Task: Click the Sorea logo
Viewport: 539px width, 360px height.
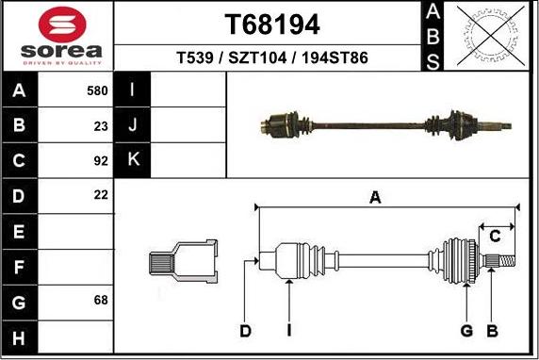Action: (x=57, y=36)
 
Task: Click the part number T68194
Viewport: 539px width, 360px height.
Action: (x=272, y=24)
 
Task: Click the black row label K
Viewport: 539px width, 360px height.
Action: (x=133, y=160)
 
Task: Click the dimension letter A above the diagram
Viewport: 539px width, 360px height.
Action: (x=375, y=197)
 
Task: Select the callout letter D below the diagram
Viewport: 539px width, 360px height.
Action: (x=245, y=331)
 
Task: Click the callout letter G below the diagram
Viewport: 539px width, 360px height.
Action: (x=466, y=331)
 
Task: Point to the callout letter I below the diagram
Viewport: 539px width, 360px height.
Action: (x=289, y=331)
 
